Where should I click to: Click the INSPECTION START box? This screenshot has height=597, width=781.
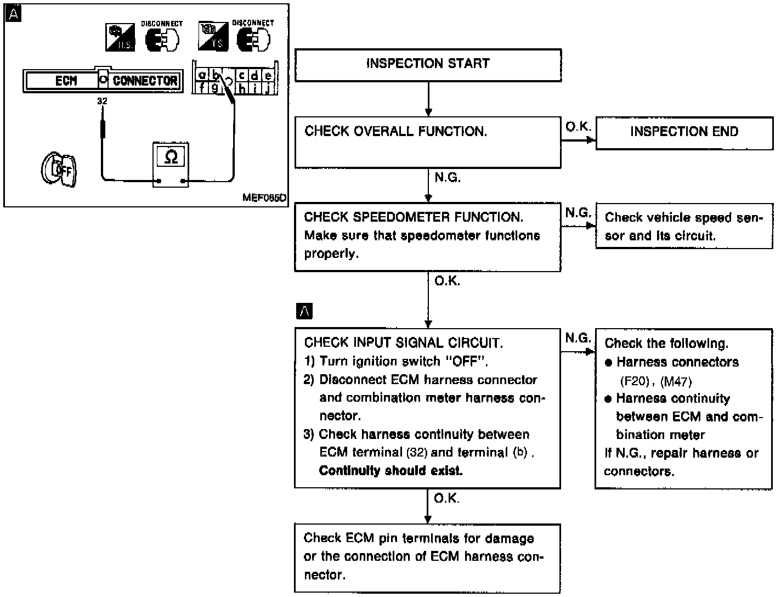(x=428, y=65)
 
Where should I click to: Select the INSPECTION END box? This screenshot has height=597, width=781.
(x=684, y=132)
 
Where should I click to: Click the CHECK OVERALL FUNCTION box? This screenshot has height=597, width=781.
(x=428, y=142)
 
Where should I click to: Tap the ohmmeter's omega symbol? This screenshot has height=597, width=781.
(x=171, y=157)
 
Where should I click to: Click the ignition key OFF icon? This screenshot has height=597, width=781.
(x=59, y=170)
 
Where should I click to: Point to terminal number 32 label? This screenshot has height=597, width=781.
(x=102, y=101)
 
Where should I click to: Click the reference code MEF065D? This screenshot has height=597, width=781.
(x=264, y=198)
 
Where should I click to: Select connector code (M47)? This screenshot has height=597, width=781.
(x=676, y=381)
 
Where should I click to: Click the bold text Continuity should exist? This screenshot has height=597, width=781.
(x=390, y=471)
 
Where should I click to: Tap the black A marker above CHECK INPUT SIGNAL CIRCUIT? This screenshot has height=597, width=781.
(x=304, y=311)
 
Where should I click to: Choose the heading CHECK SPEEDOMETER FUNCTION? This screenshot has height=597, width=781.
(x=414, y=217)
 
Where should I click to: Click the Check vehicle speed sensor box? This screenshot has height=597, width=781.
(x=683, y=227)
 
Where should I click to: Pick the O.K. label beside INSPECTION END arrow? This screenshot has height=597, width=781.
(x=578, y=127)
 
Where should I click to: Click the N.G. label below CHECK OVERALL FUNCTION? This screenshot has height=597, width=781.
(x=447, y=178)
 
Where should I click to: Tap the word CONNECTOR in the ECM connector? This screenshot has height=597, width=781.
(x=145, y=81)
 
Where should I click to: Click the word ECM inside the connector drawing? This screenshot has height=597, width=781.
(x=66, y=81)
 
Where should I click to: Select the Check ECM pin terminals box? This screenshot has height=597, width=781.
(x=428, y=557)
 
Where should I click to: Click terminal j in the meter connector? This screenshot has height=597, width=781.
(x=268, y=87)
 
